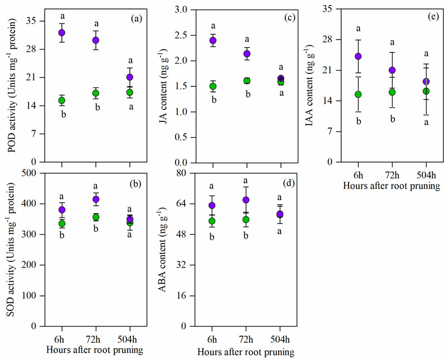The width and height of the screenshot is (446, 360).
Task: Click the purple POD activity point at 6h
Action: pyautogui.click(x=62, y=33)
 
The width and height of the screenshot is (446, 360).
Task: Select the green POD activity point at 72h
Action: pyautogui.click(x=96, y=93)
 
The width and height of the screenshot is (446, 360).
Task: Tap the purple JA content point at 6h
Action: pyautogui.click(x=212, y=41)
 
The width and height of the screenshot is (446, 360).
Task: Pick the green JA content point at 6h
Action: pyautogui.click(x=212, y=86)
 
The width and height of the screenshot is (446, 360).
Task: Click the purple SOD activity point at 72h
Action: pyautogui.click(x=96, y=200)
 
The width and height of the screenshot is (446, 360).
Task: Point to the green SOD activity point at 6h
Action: pyautogui.click(x=62, y=223)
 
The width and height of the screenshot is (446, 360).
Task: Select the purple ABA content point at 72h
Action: pyautogui.click(x=246, y=200)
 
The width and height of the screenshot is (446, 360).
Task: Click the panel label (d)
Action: pyautogui.click(x=289, y=183)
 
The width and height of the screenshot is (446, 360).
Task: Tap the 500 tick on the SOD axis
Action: pyautogui.click(x=35, y=173)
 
